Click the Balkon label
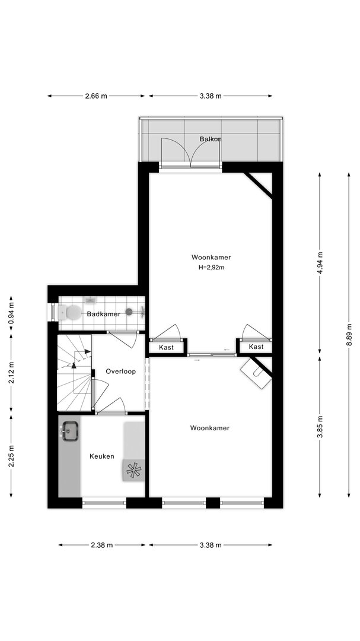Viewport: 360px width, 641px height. (211, 139)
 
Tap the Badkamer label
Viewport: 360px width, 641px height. (103, 314)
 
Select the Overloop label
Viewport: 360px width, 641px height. (120, 371)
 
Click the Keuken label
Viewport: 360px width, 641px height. (102, 456)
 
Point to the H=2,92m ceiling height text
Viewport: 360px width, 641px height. (212, 268)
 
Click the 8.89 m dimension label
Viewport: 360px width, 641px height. (349, 335)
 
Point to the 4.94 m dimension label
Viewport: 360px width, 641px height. (320, 263)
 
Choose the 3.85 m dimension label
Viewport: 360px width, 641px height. (320, 427)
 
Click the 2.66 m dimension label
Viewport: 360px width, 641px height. (96, 96)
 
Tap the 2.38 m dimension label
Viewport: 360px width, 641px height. (102, 545)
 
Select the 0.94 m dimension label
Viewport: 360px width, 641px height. (11, 312)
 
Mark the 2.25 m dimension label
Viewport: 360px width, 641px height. (11, 456)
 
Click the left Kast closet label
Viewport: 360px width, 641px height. (166, 347)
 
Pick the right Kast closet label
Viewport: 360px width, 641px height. (256, 347)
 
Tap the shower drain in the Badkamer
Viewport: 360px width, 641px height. (129, 312)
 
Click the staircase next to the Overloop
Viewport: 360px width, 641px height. (74, 372)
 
